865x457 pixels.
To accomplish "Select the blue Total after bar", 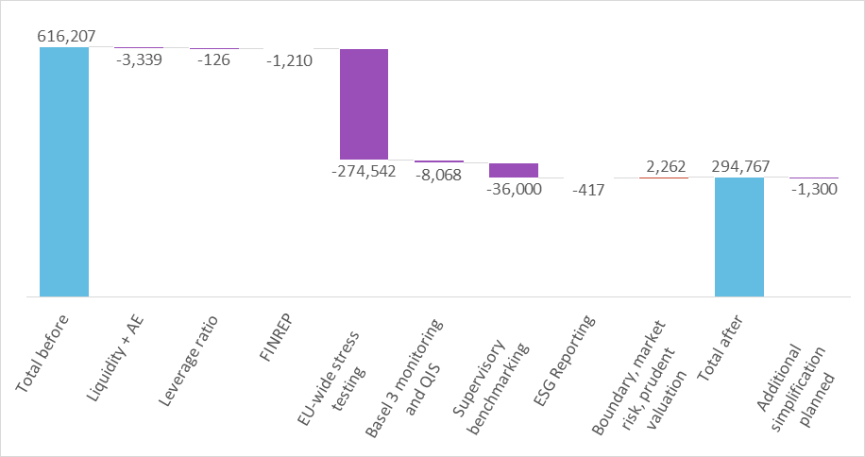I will (739, 237).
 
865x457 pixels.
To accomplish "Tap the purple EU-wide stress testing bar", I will (364, 104).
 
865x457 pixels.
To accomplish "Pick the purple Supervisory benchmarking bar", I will (514, 170).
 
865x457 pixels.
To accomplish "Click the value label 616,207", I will (67, 36).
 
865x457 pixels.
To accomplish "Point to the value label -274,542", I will (364, 172).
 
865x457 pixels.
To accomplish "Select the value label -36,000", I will (514, 189).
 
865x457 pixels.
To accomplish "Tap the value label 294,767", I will (739, 165).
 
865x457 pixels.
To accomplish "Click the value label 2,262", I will (665, 165).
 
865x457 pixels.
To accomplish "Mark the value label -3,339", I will (139, 60).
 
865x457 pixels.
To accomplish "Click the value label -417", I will (589, 190).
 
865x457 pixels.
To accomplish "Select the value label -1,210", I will (289, 60).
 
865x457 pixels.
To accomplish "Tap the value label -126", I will (214, 60).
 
